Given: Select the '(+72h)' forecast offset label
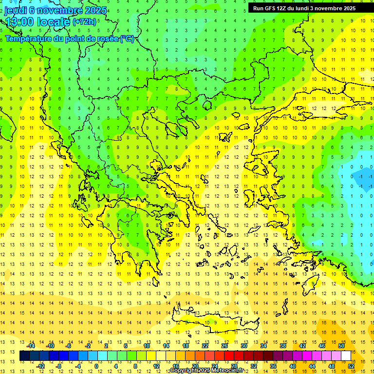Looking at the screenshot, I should coord(84,22).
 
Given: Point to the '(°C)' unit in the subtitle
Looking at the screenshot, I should coord(127,38).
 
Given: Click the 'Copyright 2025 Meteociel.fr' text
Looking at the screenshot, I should coord(206,371).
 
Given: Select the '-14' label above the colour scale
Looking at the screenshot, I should coord(31,346).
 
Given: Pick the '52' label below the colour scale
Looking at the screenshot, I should coord(351,366).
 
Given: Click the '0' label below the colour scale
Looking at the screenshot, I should coord(96,366).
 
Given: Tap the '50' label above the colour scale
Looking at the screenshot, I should coord(341,346).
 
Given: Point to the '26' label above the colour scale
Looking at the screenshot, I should coord(224,346).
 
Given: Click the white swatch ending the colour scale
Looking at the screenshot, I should coord(346,356).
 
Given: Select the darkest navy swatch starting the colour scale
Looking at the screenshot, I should coord(24,356).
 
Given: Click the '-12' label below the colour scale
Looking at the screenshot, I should coord(40,366).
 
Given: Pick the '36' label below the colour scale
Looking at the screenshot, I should coord(273,366).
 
